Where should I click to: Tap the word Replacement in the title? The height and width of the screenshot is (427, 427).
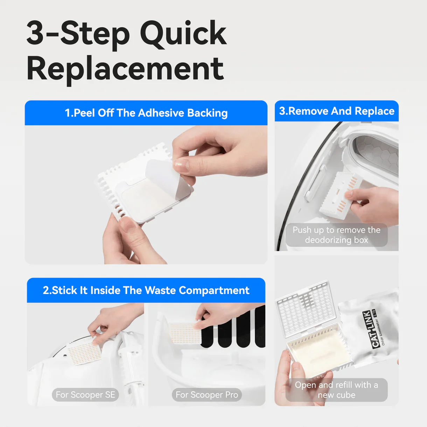click(125, 69)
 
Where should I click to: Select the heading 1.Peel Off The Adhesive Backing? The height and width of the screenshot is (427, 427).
click(146, 113)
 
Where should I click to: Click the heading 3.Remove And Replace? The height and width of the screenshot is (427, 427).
click(336, 111)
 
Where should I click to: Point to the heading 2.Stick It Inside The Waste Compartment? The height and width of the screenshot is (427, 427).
click(146, 290)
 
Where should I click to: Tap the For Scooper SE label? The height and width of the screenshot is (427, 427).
click(85, 395)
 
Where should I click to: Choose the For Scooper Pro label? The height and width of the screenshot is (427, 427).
click(206, 395)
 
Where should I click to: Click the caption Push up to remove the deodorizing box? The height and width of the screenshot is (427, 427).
click(336, 235)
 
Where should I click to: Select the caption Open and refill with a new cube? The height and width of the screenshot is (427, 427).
click(336, 390)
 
